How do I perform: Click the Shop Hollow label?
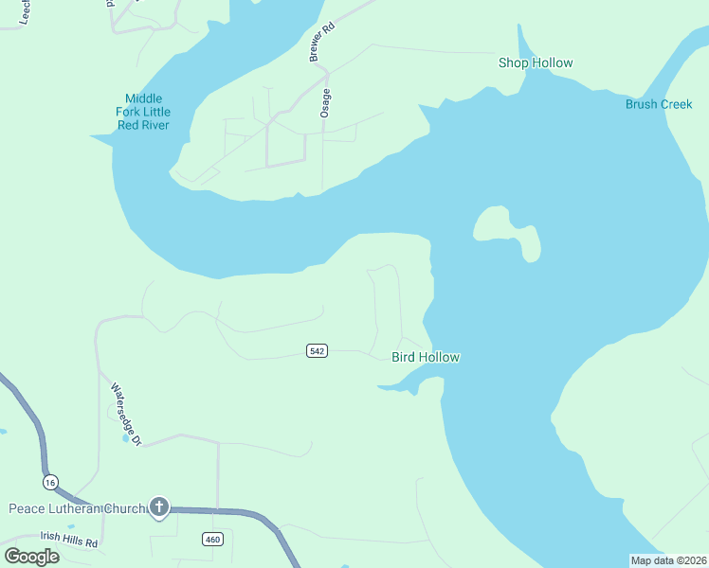pyautogui.click(x=536, y=63)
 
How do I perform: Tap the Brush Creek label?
pyautogui.click(x=659, y=104)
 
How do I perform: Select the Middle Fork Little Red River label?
pyautogui.click(x=143, y=112)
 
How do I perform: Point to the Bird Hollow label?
pyautogui.click(x=426, y=357)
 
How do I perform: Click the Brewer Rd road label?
pyautogui.click(x=323, y=44)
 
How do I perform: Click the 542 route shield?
pyautogui.click(x=317, y=351)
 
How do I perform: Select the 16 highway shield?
pyautogui.click(x=50, y=482)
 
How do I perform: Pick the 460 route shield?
pyautogui.click(x=211, y=539)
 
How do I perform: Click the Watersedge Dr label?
pyautogui.click(x=125, y=414)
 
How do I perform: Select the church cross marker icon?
pyautogui.click(x=159, y=508)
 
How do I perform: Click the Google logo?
pyautogui.click(x=31, y=557)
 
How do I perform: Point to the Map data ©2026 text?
pyautogui.click(x=668, y=560)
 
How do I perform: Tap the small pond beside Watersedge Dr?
pyautogui.click(x=126, y=438)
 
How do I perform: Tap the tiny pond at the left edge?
pyautogui.click(x=3, y=432)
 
